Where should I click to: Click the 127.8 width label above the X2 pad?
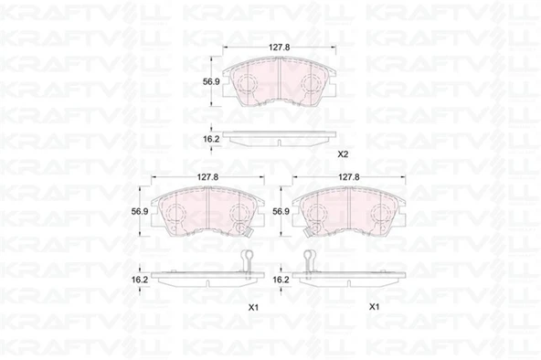click(x=279, y=48)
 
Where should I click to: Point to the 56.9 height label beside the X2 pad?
click(x=211, y=81)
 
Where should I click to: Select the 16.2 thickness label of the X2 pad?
click(x=211, y=139)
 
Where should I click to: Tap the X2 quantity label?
click(x=343, y=154)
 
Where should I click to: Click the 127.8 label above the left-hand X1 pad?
click(x=207, y=177)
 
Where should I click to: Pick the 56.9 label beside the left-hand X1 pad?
click(x=140, y=211)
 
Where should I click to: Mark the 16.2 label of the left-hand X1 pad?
click(x=140, y=280)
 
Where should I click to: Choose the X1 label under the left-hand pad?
click(x=254, y=307)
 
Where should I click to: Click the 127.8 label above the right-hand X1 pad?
click(x=349, y=177)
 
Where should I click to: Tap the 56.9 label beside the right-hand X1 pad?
click(x=281, y=211)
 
